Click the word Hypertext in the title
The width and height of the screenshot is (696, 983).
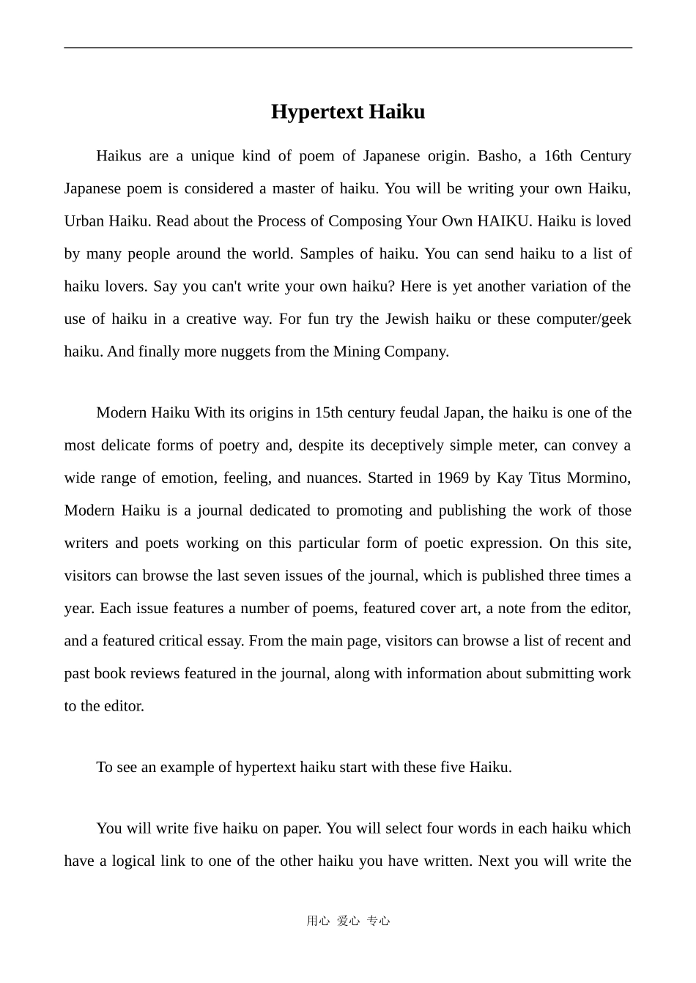[x=316, y=112]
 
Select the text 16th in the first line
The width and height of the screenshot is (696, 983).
[x=558, y=156]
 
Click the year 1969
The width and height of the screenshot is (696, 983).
[x=453, y=478]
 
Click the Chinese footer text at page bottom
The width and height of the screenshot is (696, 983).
[x=348, y=921]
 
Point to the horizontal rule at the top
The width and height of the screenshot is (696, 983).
[x=348, y=48]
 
